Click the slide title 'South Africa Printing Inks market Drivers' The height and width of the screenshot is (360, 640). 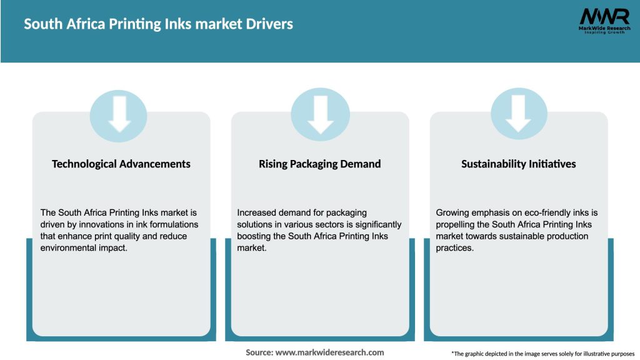pos(158,24)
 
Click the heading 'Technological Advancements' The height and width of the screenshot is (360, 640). pos(121,164)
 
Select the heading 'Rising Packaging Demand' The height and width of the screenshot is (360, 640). pos(320,164)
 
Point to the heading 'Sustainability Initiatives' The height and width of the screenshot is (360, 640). pos(519,164)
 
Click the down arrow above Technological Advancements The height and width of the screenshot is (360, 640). pos(119,114)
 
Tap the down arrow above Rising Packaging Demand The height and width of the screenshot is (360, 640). pos(320,114)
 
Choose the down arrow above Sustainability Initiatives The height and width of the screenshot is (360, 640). pos(518,114)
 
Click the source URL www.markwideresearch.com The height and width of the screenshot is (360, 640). pos(330,352)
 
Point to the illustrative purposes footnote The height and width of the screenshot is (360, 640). pos(542,354)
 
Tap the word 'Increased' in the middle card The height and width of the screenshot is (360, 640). pos(257,213)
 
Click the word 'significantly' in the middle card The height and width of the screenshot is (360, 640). pos(376,224)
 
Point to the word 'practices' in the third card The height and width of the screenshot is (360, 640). pos(455,248)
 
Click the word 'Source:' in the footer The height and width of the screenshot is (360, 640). pos(259,352)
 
